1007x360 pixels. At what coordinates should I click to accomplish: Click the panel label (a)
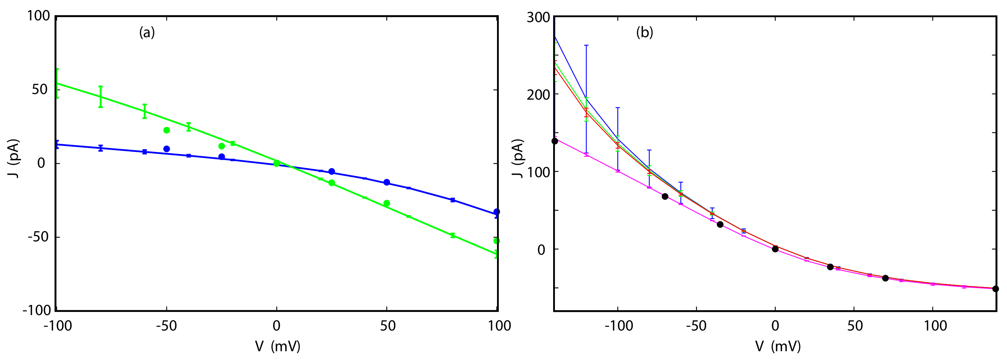click(147, 32)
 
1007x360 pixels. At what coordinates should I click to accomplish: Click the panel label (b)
click(645, 32)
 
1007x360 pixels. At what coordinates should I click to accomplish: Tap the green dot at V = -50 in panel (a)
click(167, 130)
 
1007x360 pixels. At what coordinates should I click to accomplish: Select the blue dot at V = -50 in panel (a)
click(167, 149)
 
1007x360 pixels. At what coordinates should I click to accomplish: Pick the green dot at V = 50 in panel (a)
click(387, 203)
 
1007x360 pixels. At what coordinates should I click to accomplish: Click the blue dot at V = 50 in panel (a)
click(387, 182)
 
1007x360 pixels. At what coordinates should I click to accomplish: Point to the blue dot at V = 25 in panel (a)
click(331, 172)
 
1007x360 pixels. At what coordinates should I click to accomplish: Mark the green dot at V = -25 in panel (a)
click(222, 146)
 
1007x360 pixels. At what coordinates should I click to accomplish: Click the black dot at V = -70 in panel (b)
click(665, 196)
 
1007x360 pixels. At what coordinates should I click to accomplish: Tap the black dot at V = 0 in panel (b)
click(775, 249)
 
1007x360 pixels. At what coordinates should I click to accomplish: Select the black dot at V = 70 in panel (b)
click(885, 278)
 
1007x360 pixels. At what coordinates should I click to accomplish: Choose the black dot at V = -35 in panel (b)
click(720, 224)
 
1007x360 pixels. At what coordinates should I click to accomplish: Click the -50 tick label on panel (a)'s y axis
click(38, 237)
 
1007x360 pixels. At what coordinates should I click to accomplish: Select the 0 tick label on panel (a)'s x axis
click(276, 326)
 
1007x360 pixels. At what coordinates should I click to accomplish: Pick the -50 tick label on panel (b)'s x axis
click(696, 326)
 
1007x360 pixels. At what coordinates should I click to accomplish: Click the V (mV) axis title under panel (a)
click(277, 346)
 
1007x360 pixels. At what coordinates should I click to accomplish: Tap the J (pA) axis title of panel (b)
click(518, 158)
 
